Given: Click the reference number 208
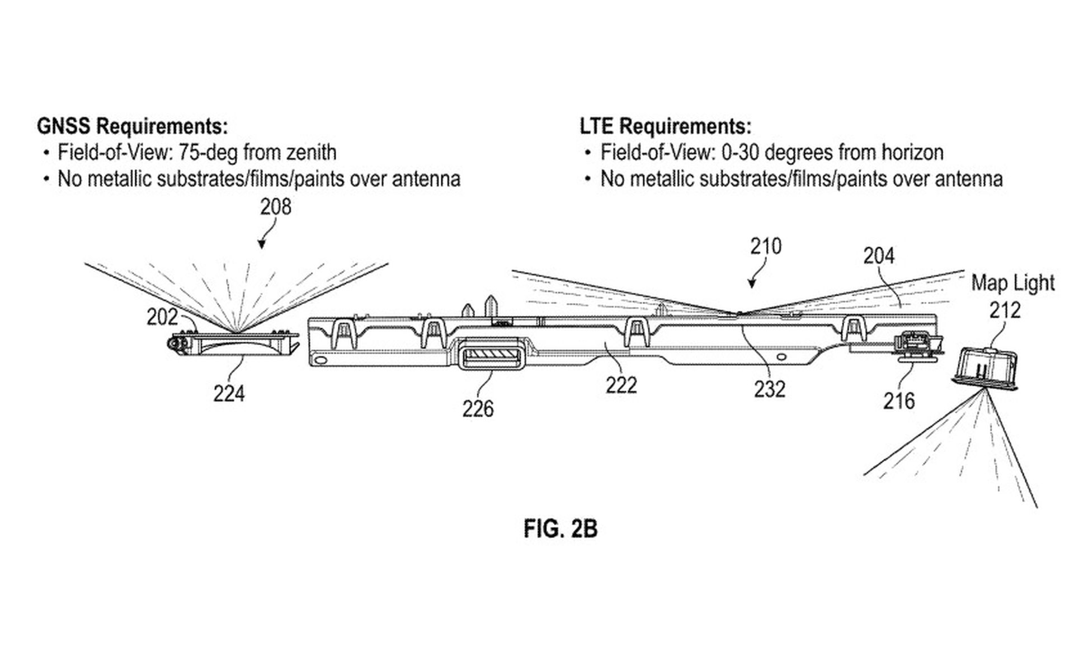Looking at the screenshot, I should coord(276,207).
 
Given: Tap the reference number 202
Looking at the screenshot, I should coord(162,317).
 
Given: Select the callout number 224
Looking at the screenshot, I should coord(229,394).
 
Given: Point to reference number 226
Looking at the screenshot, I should coord(478,409).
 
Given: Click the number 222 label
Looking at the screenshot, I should coord(621,385).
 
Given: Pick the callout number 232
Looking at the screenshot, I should coord(769,389).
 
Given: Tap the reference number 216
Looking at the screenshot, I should coord(899,400).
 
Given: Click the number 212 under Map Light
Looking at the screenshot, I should coord(1005,310).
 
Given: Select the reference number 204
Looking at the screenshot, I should coord(879,256).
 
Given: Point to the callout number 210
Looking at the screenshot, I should coord(766,247).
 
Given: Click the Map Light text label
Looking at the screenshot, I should coord(1012,283).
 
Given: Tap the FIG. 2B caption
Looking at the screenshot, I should coord(560,528).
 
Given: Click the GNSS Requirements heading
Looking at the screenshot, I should coord(133,126).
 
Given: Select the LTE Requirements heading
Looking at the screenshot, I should coord(666,126).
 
